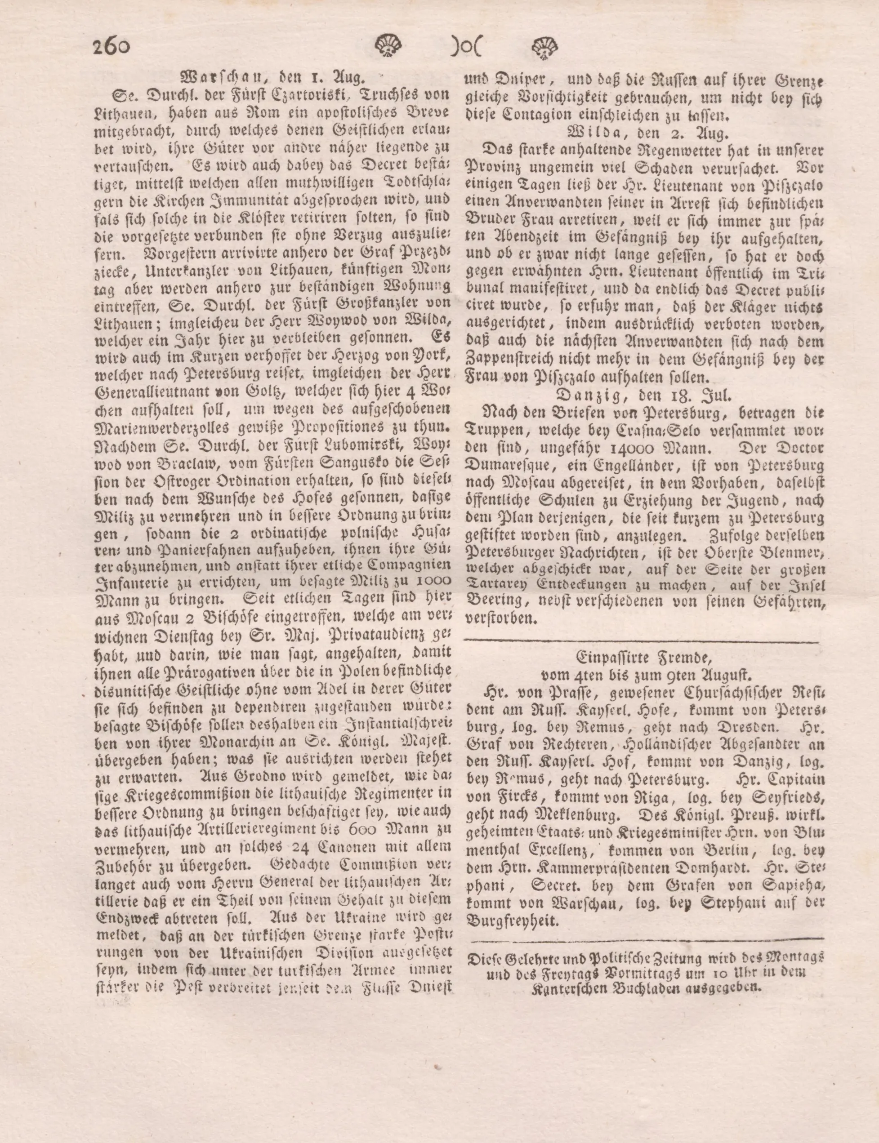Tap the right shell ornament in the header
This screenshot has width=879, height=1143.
click(545, 48)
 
